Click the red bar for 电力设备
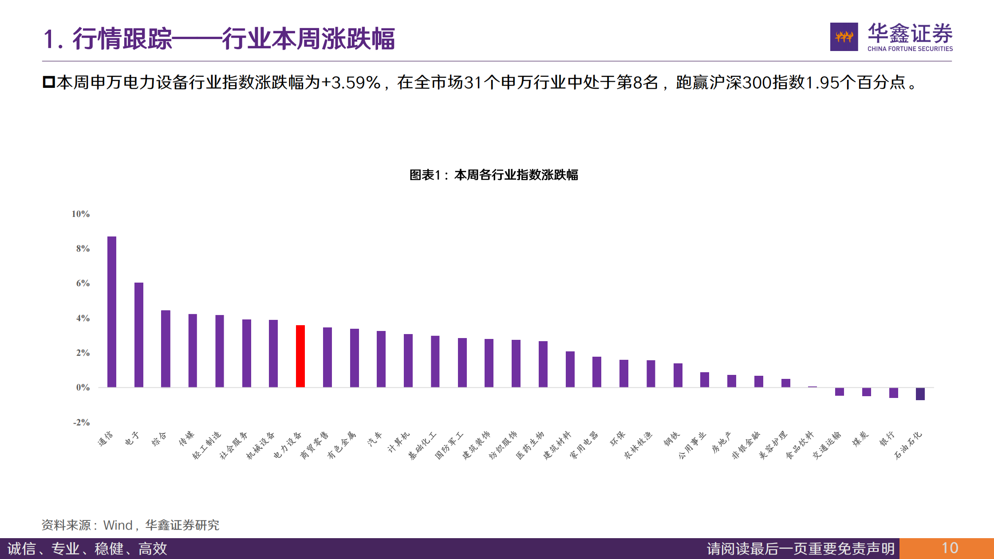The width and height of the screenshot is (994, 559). tap(300, 356)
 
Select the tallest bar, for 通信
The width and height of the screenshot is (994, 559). tap(112, 312)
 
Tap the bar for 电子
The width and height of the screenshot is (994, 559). tap(139, 335)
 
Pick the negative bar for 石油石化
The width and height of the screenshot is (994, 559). tap(920, 394)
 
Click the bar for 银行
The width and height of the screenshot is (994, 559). tap(893, 393)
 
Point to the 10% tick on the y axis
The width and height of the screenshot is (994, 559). tap(81, 214)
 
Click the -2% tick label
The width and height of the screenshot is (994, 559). tap(82, 422)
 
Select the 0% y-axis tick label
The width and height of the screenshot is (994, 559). tap(83, 388)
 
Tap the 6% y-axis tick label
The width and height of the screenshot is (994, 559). tap(83, 283)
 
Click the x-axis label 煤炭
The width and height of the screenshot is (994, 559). tap(860, 439)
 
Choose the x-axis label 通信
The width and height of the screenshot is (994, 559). tap(106, 439)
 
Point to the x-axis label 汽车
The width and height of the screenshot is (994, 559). tap(375, 439)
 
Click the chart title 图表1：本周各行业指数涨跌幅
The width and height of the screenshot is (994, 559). tap(493, 175)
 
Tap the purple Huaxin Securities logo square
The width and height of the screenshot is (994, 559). tap(844, 37)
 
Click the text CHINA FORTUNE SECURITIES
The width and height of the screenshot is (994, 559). tap(910, 49)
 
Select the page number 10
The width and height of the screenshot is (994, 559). tap(950, 548)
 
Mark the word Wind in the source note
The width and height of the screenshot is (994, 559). tap(118, 525)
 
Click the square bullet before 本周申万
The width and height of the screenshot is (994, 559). tap(48, 82)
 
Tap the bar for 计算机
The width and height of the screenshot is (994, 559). tap(408, 361)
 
